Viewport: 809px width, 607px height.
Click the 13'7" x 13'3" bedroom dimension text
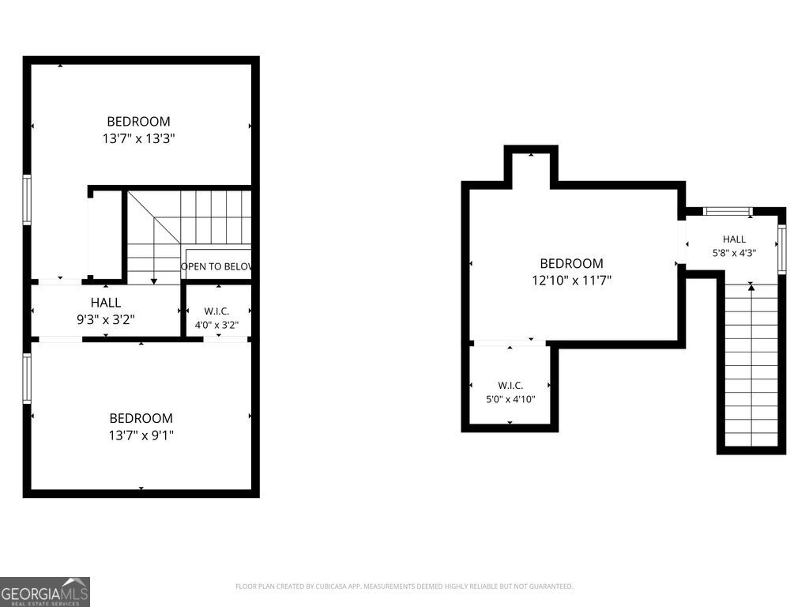[139, 138]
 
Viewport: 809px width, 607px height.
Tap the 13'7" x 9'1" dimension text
[141, 435]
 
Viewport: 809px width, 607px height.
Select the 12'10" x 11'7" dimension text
[572, 281]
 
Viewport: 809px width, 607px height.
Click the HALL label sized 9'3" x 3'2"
[106, 303]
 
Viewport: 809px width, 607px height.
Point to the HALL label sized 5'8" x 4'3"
[734, 239]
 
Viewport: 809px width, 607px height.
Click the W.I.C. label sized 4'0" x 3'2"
[216, 311]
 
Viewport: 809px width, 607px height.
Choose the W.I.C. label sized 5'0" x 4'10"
[511, 386]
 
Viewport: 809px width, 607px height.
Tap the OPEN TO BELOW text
[216, 266]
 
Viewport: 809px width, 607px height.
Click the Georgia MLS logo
[45, 592]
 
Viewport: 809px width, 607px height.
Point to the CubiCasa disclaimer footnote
[404, 586]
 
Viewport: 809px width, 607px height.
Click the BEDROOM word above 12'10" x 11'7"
[572, 263]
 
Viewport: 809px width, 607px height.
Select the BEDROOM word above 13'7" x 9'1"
[141, 418]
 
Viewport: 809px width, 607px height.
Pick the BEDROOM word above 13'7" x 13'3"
[139, 121]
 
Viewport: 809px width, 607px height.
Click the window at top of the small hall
[728, 210]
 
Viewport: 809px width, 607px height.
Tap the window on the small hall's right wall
[782, 249]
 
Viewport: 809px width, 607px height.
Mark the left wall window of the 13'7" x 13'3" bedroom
[27, 199]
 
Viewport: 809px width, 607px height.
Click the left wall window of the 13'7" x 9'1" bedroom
[27, 378]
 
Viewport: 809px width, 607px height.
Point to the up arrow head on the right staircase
[751, 287]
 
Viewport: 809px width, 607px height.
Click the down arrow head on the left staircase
[154, 281]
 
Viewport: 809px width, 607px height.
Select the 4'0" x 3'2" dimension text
[216, 325]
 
